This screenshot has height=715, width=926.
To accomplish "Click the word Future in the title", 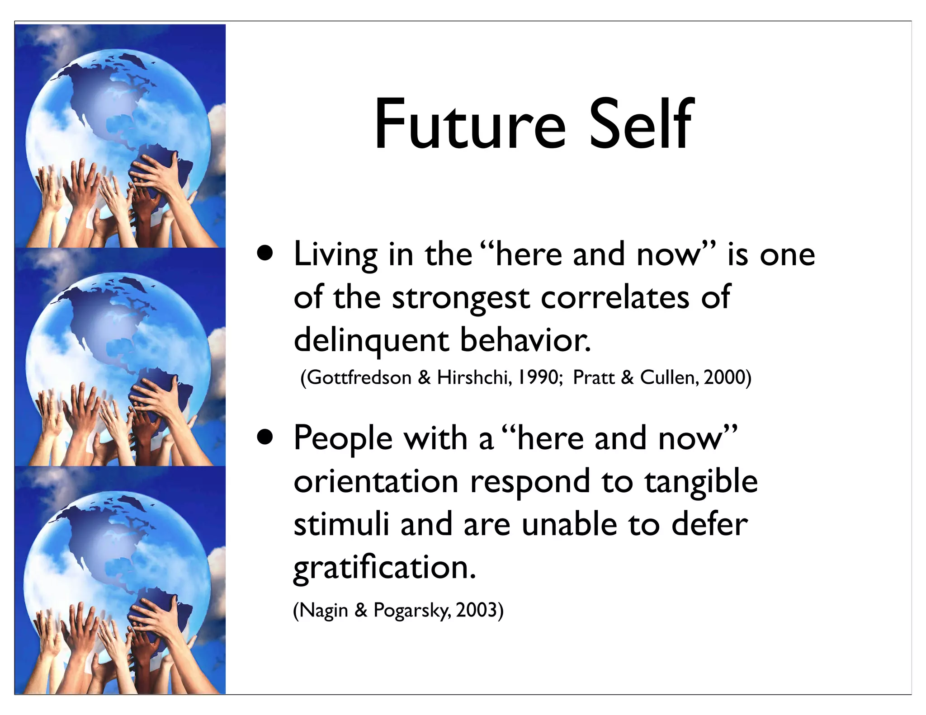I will (x=469, y=124).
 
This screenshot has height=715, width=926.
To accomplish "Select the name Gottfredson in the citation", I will (x=359, y=377).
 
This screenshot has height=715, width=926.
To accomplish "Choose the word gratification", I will (x=384, y=569).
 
